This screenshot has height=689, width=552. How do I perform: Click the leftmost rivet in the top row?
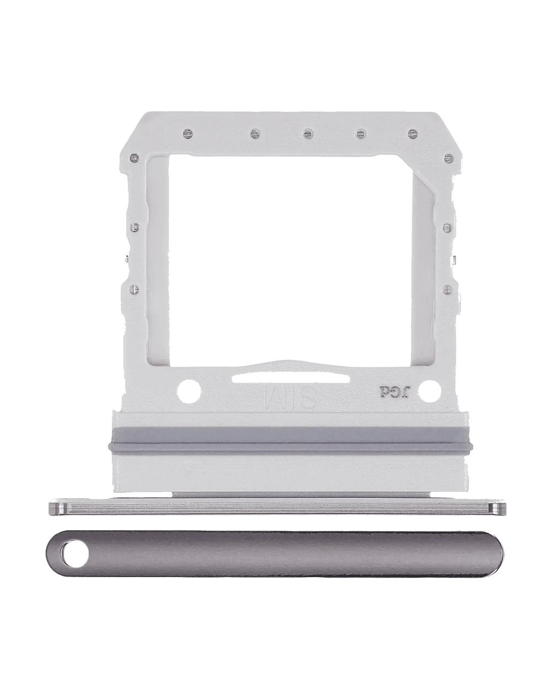pos(189,133)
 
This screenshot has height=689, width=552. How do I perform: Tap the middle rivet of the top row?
pos(308,133)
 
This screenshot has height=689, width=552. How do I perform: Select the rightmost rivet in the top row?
pos(411,133)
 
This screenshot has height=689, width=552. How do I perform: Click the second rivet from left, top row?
pos(254,133)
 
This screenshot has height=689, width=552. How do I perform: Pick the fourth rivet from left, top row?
pos(361,133)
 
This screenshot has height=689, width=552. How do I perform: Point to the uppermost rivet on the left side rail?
pos(132,158)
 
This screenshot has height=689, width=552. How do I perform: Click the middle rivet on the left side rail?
pos(132,226)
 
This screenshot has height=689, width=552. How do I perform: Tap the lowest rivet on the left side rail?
pos(132,287)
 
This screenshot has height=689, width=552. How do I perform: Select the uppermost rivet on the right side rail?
pos(447,158)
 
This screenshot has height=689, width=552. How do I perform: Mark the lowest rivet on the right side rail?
pos(447,287)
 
